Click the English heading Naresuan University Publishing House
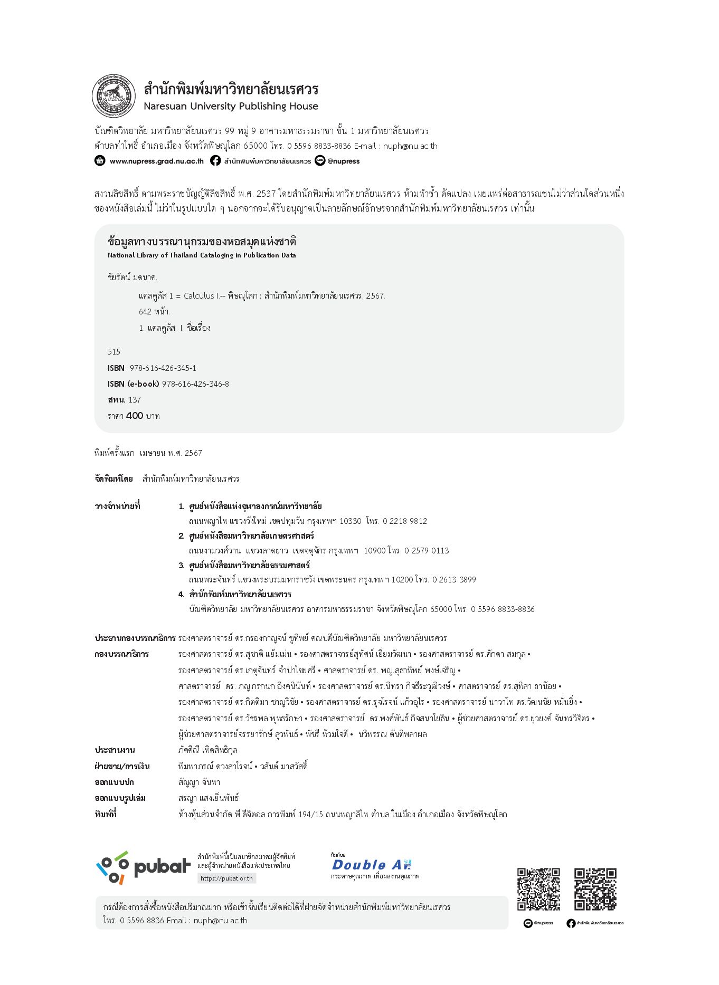(231, 106)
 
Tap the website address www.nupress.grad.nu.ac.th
(156, 161)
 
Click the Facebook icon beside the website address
(215, 161)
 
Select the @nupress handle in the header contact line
(343, 161)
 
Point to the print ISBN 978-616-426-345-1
(163, 368)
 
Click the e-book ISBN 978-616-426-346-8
(195, 384)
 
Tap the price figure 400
(135, 416)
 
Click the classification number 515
(114, 351)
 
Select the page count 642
(145, 311)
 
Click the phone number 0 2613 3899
(454, 579)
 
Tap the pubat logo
(143, 867)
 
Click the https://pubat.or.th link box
(226, 878)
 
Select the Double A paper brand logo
(371, 865)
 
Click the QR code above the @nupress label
(538, 889)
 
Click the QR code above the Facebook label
(595, 889)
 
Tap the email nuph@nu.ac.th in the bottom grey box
(220, 920)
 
